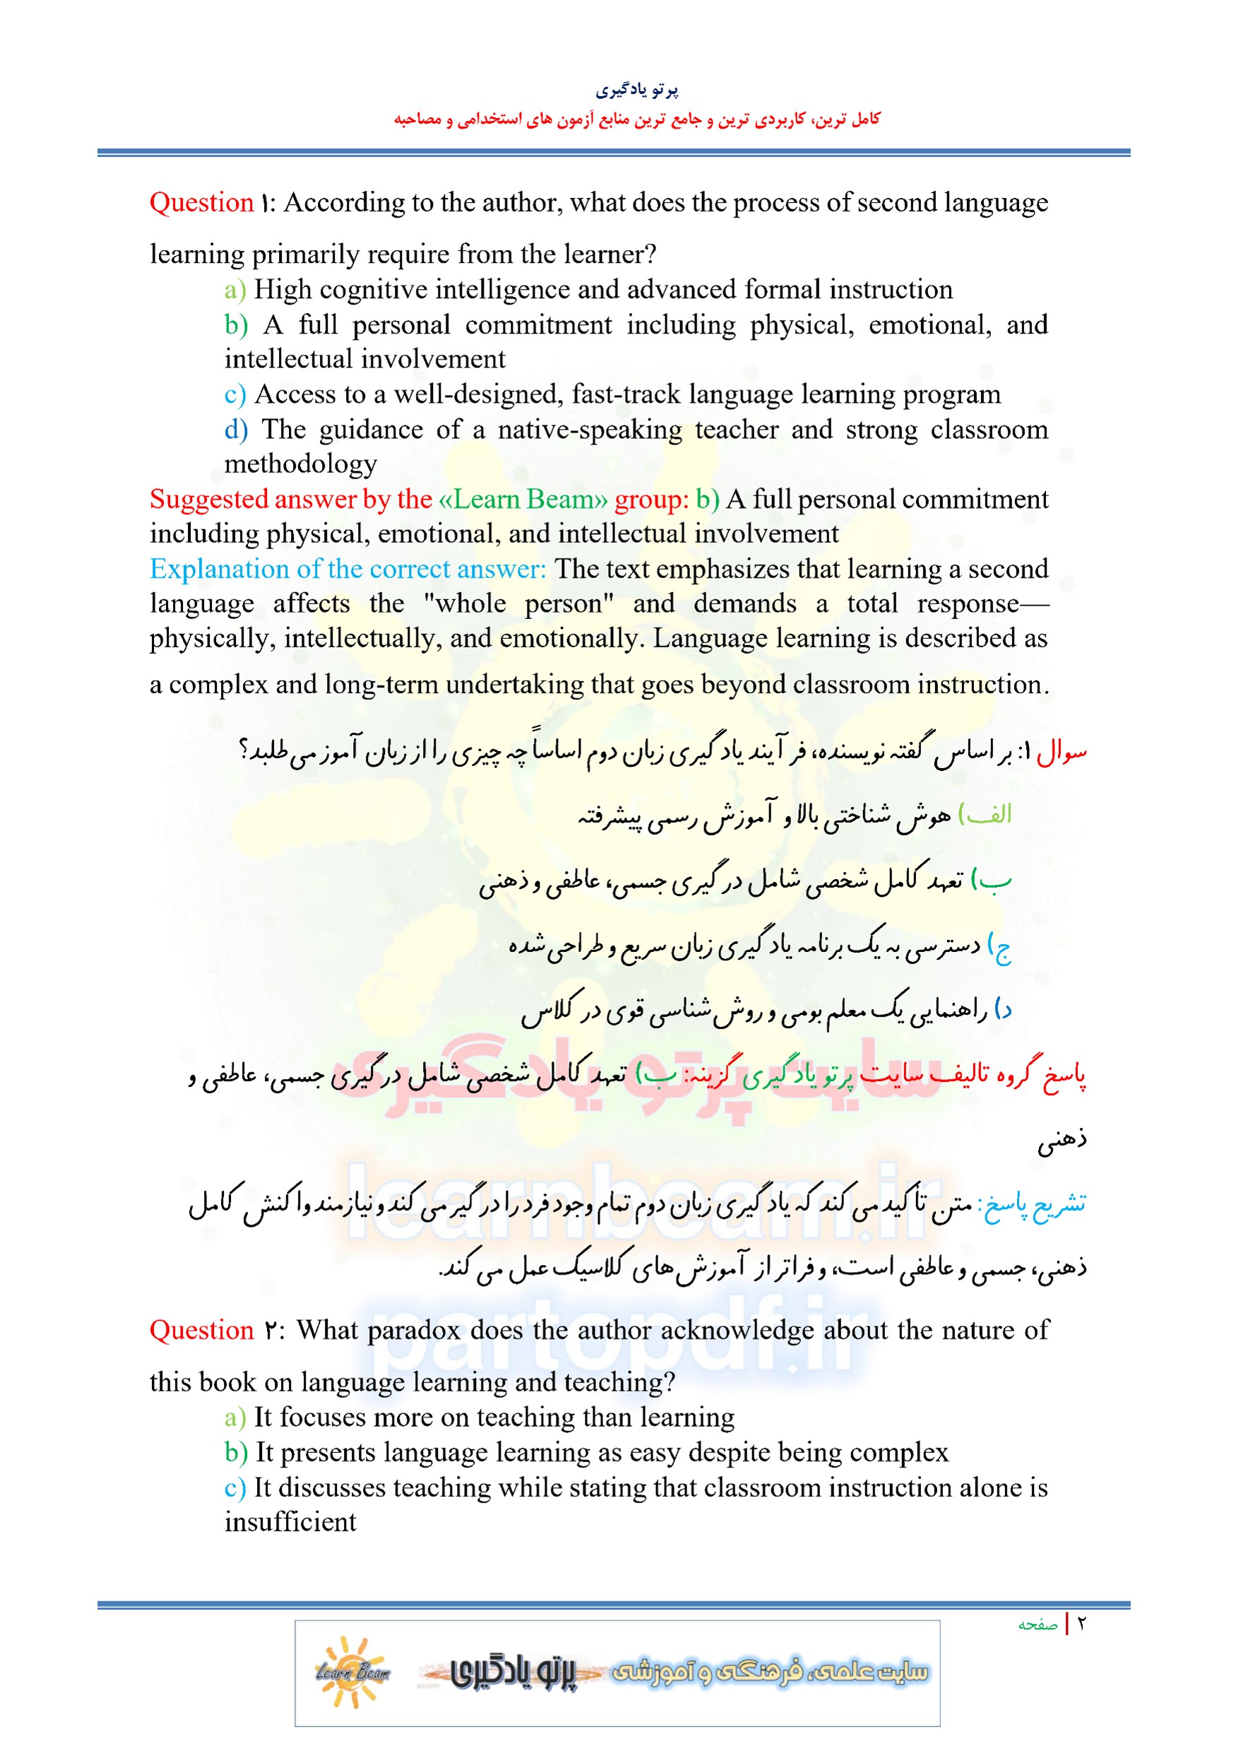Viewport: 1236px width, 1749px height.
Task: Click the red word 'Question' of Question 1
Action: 201,203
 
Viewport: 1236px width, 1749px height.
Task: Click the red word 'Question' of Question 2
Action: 201,1330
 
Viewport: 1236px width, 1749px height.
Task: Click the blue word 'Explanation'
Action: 217,570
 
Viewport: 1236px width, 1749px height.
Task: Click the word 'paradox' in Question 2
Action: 415,1330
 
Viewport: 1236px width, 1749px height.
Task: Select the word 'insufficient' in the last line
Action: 290,1522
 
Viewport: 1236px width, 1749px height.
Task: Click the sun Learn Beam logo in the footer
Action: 352,1672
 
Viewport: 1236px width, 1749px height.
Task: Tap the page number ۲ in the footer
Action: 1081,1624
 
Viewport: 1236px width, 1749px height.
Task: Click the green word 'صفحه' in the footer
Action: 1038,1625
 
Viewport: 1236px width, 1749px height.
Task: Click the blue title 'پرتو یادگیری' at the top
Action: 636,90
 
